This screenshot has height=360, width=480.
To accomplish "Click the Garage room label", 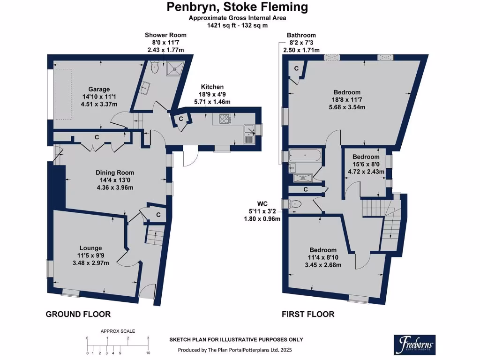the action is pyautogui.click(x=99, y=90).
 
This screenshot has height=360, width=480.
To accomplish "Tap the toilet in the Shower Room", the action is pyautogui.click(x=155, y=67).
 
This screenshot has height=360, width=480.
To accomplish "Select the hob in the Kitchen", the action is pyautogui.click(x=225, y=119).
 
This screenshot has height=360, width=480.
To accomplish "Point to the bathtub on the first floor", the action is pyautogui.click(x=305, y=156).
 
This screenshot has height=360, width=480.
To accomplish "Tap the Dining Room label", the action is pyautogui.click(x=115, y=172).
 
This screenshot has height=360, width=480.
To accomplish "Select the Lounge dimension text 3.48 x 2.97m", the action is pyautogui.click(x=90, y=263).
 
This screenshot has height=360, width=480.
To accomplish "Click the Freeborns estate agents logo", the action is pyautogui.click(x=414, y=345).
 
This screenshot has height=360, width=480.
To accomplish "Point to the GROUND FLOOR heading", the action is pyautogui.click(x=78, y=314).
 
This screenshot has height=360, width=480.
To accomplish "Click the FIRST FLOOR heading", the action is pyautogui.click(x=308, y=314).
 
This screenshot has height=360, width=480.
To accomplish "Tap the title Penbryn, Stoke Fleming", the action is pyautogui.click(x=237, y=7).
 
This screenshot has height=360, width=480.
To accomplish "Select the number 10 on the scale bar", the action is pyautogui.click(x=148, y=353).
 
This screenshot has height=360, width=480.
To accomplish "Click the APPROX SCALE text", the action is pyautogui.click(x=118, y=331).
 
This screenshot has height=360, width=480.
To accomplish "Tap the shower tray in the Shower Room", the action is pyautogui.click(x=175, y=68).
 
